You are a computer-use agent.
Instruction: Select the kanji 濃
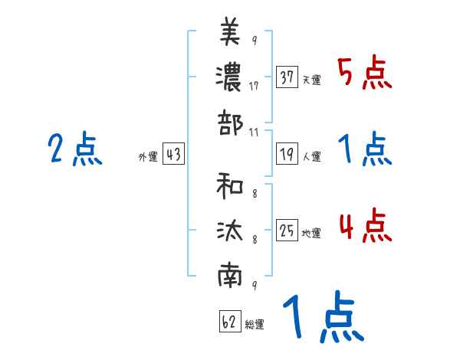coord(230,77)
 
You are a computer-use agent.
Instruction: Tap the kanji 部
coord(230,122)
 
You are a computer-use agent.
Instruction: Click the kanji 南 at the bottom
coord(230,277)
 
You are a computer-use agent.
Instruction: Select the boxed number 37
coord(287,77)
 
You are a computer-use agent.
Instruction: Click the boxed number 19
coord(287,154)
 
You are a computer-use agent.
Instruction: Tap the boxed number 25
coord(287,231)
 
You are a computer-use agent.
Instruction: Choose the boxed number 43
coord(173,154)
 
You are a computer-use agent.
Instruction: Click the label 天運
coord(311,80)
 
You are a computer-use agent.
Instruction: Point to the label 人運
coord(311,156)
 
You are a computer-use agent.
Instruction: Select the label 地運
coord(311,233)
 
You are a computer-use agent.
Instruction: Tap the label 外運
coord(149,156)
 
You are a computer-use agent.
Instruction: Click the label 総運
coord(255,323)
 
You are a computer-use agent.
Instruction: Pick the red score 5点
coord(364,74)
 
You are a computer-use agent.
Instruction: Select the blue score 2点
coord(74,149)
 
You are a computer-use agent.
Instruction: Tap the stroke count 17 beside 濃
coord(254,86)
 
